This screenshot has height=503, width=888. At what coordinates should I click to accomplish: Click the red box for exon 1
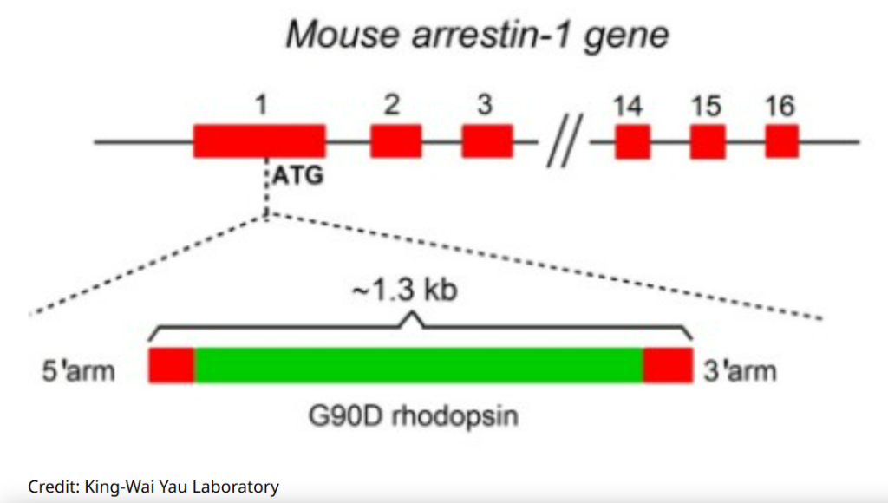click(x=259, y=140)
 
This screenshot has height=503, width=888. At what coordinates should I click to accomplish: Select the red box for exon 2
click(x=396, y=140)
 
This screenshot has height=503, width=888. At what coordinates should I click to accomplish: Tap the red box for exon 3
click(x=486, y=140)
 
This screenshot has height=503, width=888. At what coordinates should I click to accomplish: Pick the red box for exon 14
click(x=633, y=141)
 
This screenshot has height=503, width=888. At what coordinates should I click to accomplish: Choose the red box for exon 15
click(x=708, y=141)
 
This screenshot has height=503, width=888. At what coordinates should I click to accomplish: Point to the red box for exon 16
click(x=781, y=141)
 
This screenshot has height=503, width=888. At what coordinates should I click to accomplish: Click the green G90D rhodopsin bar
click(x=419, y=365)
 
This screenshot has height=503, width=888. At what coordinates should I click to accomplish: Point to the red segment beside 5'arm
click(x=171, y=365)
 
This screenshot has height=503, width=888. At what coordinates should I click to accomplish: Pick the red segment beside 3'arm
click(x=668, y=365)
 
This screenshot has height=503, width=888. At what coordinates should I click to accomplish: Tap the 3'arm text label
click(x=740, y=371)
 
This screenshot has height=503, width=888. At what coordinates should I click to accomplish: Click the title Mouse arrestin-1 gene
click(x=478, y=36)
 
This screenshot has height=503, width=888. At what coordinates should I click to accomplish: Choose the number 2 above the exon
click(x=392, y=105)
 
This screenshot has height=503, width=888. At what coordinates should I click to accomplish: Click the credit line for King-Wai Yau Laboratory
click(x=153, y=487)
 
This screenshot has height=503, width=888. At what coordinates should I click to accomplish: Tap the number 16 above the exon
click(x=780, y=106)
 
